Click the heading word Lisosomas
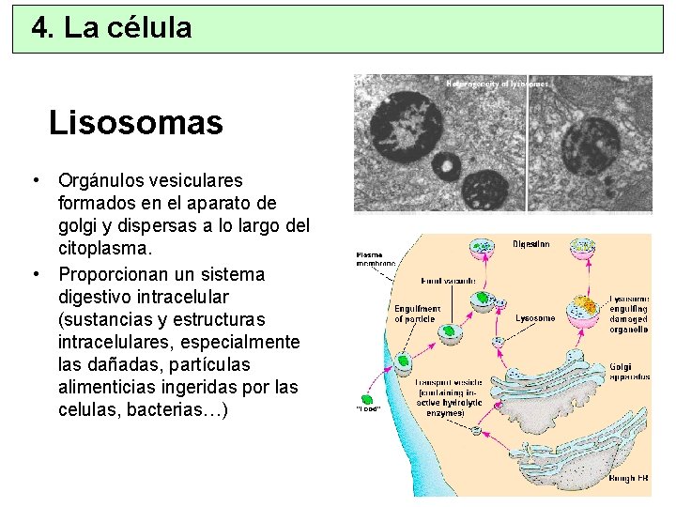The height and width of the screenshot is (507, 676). (x=135, y=122)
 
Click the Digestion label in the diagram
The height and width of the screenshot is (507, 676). (x=531, y=244)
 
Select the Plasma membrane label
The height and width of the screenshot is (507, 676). (x=376, y=259)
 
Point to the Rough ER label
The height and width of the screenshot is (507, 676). (x=629, y=478)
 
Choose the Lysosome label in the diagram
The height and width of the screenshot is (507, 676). (x=534, y=318)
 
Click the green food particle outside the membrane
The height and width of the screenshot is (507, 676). (x=405, y=361)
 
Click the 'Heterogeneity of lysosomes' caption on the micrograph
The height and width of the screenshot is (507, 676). (x=497, y=84)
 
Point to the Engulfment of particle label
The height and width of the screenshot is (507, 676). (x=417, y=314)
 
